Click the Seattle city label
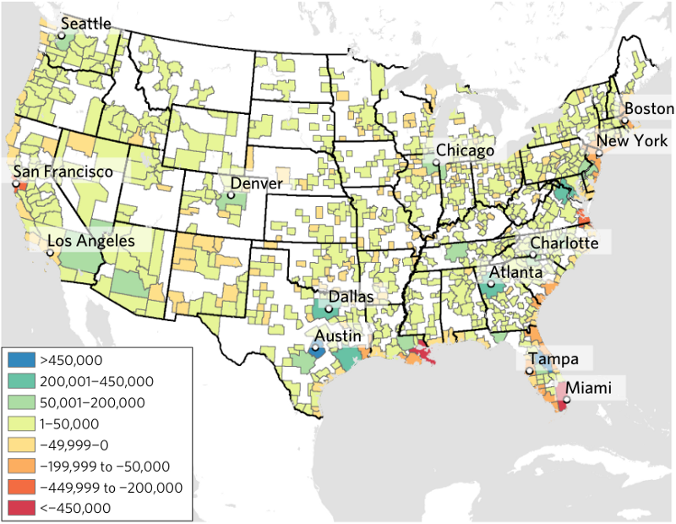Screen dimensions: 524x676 point(86,24)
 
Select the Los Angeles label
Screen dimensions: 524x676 point(91,241)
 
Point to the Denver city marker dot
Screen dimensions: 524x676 point(230,195)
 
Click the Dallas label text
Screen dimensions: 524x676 point(352,297)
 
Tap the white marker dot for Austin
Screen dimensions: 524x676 point(315,347)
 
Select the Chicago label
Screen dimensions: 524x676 point(465,150)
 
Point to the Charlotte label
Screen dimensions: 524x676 point(564,243)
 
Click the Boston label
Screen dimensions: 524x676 point(649,108)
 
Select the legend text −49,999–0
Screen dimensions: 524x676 point(69,445)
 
